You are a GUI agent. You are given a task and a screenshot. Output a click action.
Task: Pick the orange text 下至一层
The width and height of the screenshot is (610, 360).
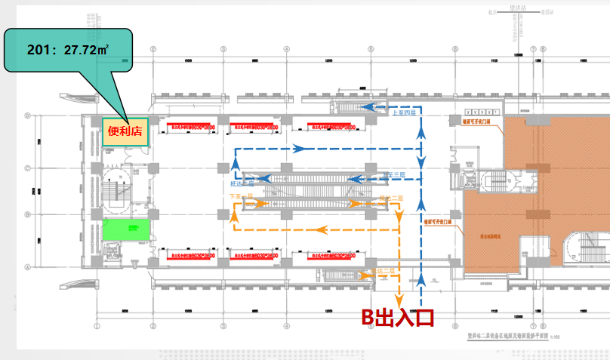[240, 196]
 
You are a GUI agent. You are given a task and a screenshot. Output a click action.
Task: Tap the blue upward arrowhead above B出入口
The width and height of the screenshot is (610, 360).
[421, 281]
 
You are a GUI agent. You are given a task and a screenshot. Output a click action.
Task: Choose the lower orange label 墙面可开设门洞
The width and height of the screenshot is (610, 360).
[438, 221]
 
